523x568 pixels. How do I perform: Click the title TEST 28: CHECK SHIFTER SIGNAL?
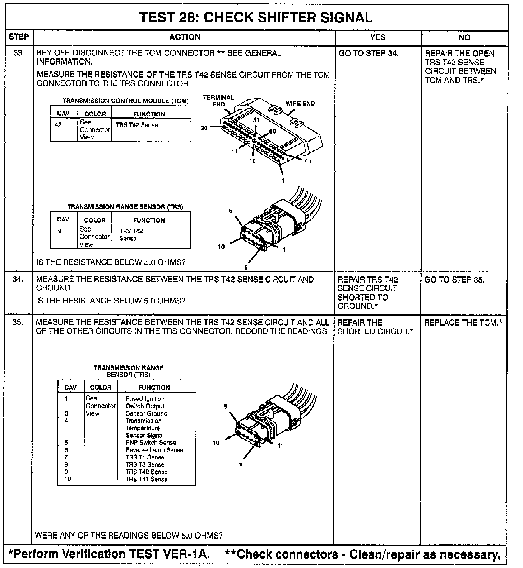point(256,17)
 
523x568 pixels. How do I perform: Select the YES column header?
point(378,37)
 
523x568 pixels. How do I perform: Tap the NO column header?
point(464,37)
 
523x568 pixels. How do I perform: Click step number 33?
point(19,53)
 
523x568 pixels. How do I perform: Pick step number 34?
point(18,279)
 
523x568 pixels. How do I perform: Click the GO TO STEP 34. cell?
point(369,54)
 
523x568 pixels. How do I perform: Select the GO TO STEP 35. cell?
point(454,280)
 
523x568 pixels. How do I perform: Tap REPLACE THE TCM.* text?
point(463,322)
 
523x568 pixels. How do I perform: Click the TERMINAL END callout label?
point(218,101)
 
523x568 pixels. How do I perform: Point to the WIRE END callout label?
point(300,104)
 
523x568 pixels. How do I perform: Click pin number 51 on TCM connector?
point(256,120)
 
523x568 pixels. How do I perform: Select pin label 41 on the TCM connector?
point(308,161)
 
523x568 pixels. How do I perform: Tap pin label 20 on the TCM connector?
point(204,128)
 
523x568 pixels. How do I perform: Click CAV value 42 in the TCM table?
point(58,125)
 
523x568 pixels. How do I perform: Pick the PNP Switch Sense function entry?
point(151,443)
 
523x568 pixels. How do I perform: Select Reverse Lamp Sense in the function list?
point(154,450)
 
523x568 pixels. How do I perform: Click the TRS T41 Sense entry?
point(146,479)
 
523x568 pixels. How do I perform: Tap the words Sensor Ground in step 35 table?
point(146,413)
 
